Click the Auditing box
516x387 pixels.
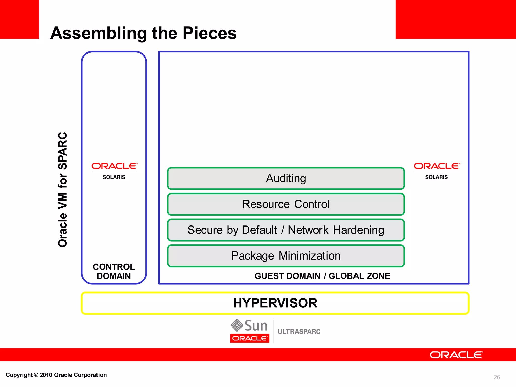(x=286, y=178)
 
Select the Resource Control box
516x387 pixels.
(x=286, y=204)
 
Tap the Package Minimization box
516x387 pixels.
(x=286, y=256)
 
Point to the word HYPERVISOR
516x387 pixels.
(x=275, y=303)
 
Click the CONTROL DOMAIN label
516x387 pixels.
(x=114, y=271)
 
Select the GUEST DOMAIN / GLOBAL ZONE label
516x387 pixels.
(x=322, y=276)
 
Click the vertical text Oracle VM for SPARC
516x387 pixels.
(x=62, y=189)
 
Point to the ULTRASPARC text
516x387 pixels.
(x=299, y=332)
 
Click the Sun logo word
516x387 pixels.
(x=256, y=326)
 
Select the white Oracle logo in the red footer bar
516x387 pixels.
(x=456, y=355)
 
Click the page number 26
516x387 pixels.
(x=497, y=377)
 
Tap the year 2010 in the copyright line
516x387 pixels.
(x=46, y=375)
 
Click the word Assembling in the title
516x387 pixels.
(x=99, y=33)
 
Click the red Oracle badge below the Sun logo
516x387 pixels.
(x=249, y=338)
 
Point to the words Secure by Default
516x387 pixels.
(x=232, y=230)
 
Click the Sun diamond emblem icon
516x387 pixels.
(x=237, y=325)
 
